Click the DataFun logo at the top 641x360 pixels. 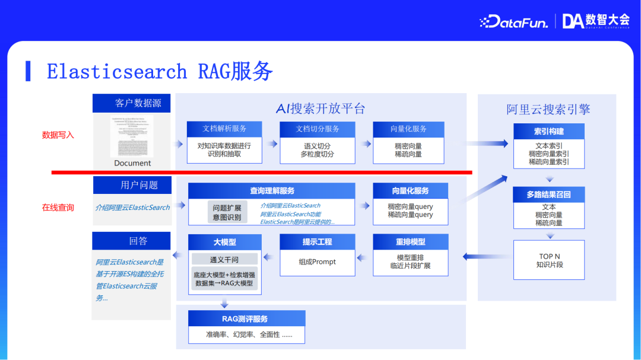[x=515, y=21]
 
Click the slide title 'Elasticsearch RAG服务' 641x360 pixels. [x=160, y=72]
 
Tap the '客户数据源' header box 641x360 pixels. [x=131, y=103]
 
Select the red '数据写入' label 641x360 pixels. [x=58, y=135]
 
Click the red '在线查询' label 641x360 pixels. [x=58, y=208]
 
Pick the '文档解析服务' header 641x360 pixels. [x=224, y=129]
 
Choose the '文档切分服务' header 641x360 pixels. [x=318, y=129]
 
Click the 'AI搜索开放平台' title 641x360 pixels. [x=320, y=109]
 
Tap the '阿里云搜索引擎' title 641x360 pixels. [x=548, y=109]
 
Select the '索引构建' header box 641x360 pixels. [x=549, y=131]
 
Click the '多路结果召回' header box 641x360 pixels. [x=549, y=195]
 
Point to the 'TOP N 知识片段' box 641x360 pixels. [x=549, y=260]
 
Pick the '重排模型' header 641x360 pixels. [x=411, y=242]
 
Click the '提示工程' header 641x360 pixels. [x=317, y=242]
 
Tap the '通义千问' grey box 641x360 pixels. [x=224, y=259]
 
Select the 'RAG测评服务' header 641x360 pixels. [x=246, y=318]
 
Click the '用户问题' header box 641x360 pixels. [x=132, y=185]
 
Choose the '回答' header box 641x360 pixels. [x=131, y=241]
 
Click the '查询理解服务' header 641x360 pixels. [x=272, y=191]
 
